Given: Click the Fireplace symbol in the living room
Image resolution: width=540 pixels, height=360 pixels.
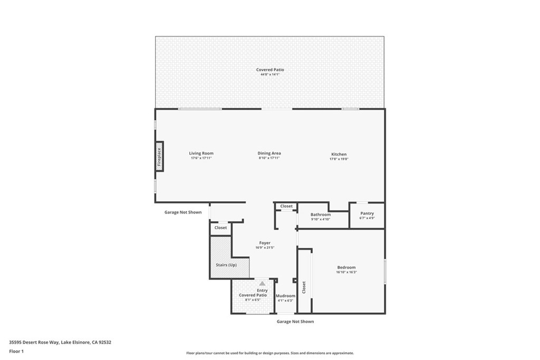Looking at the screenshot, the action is pyautogui.click(x=159, y=156).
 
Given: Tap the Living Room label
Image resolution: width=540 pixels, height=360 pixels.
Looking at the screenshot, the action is pyautogui.click(x=201, y=153).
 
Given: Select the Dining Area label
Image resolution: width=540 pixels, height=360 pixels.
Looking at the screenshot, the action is pyautogui.click(x=269, y=153).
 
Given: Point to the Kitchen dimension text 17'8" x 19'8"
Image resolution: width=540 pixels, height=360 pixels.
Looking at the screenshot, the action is pyautogui.click(x=339, y=159).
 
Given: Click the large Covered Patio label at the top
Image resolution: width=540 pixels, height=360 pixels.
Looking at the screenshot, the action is pyautogui.click(x=270, y=70).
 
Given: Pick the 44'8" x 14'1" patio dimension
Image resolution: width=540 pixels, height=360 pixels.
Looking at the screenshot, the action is pyautogui.click(x=270, y=74).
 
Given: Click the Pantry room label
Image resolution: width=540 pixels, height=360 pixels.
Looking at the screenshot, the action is pyautogui.click(x=367, y=213).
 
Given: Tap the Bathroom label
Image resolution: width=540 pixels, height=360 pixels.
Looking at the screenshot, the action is pyautogui.click(x=321, y=215).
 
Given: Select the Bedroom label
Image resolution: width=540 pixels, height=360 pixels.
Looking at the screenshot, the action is pyautogui.click(x=346, y=267).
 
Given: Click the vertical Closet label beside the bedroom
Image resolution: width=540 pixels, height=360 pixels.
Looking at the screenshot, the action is pyautogui.click(x=304, y=287).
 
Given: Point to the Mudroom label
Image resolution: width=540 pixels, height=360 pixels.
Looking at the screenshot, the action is pyautogui.click(x=285, y=296).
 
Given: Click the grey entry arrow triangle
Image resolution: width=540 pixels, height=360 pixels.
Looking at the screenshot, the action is pyautogui.click(x=263, y=283).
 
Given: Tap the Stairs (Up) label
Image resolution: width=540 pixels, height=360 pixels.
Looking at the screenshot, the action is pyautogui.click(x=226, y=265).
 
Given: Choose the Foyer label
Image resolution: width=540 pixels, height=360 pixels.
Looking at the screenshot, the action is pyautogui.click(x=265, y=243).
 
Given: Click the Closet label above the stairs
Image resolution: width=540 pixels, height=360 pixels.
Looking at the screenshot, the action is pyautogui.click(x=220, y=228).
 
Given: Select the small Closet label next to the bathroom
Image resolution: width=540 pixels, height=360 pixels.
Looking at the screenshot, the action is pyautogui.click(x=286, y=206).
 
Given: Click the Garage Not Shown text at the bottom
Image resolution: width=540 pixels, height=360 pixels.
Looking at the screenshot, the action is pyautogui.click(x=295, y=322).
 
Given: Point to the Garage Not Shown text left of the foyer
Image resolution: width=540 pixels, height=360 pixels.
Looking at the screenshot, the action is pyautogui.click(x=183, y=212).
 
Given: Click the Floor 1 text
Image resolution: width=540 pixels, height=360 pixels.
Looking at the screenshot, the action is pyautogui.click(x=16, y=352).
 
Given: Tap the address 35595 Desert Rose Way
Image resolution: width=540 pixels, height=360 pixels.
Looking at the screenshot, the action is pyautogui.click(x=34, y=343).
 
